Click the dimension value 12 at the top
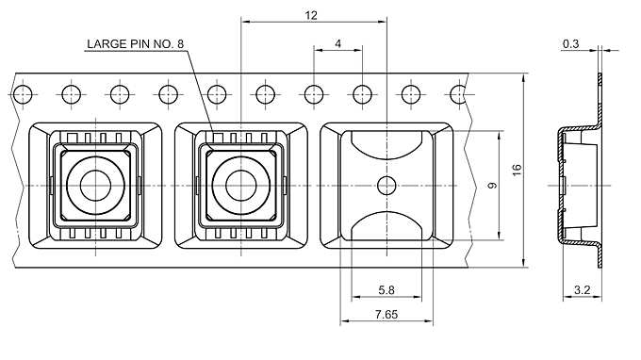[x=311, y=15]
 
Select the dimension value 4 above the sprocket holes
[x=337, y=43]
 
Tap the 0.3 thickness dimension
[x=570, y=43]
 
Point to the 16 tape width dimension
[x=518, y=170]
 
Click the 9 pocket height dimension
[x=493, y=185]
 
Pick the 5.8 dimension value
[x=386, y=290]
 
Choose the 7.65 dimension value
[x=386, y=314]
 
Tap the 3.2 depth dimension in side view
[x=583, y=290]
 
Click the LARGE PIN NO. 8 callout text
[x=136, y=43]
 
